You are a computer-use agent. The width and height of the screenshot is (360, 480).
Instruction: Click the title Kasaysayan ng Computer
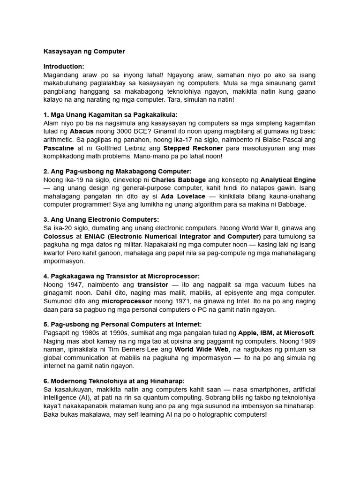pos(84,51)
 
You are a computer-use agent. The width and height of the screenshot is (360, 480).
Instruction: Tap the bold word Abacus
pos(82,131)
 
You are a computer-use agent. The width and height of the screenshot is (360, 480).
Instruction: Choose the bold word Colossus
pos(58,236)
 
